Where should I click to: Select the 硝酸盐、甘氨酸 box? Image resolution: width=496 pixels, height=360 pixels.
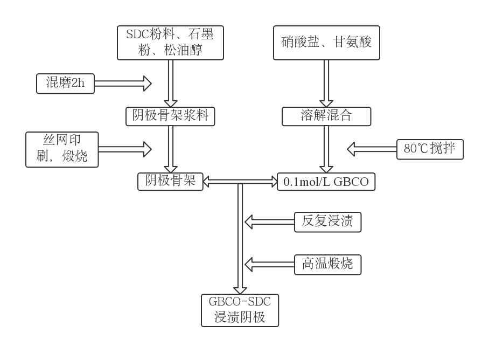(326, 42)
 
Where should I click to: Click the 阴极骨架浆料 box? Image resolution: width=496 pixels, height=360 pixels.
(170, 115)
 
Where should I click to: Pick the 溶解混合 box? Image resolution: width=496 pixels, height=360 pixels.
(326, 115)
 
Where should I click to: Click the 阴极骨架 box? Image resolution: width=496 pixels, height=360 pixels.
(170, 182)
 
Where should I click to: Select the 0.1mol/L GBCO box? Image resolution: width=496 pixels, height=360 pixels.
(326, 182)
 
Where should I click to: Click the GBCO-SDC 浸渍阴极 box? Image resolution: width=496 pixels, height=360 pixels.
(241, 309)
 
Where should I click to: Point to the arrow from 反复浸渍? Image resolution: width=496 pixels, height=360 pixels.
(269, 221)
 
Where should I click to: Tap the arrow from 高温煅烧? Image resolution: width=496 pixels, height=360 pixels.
(269, 264)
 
